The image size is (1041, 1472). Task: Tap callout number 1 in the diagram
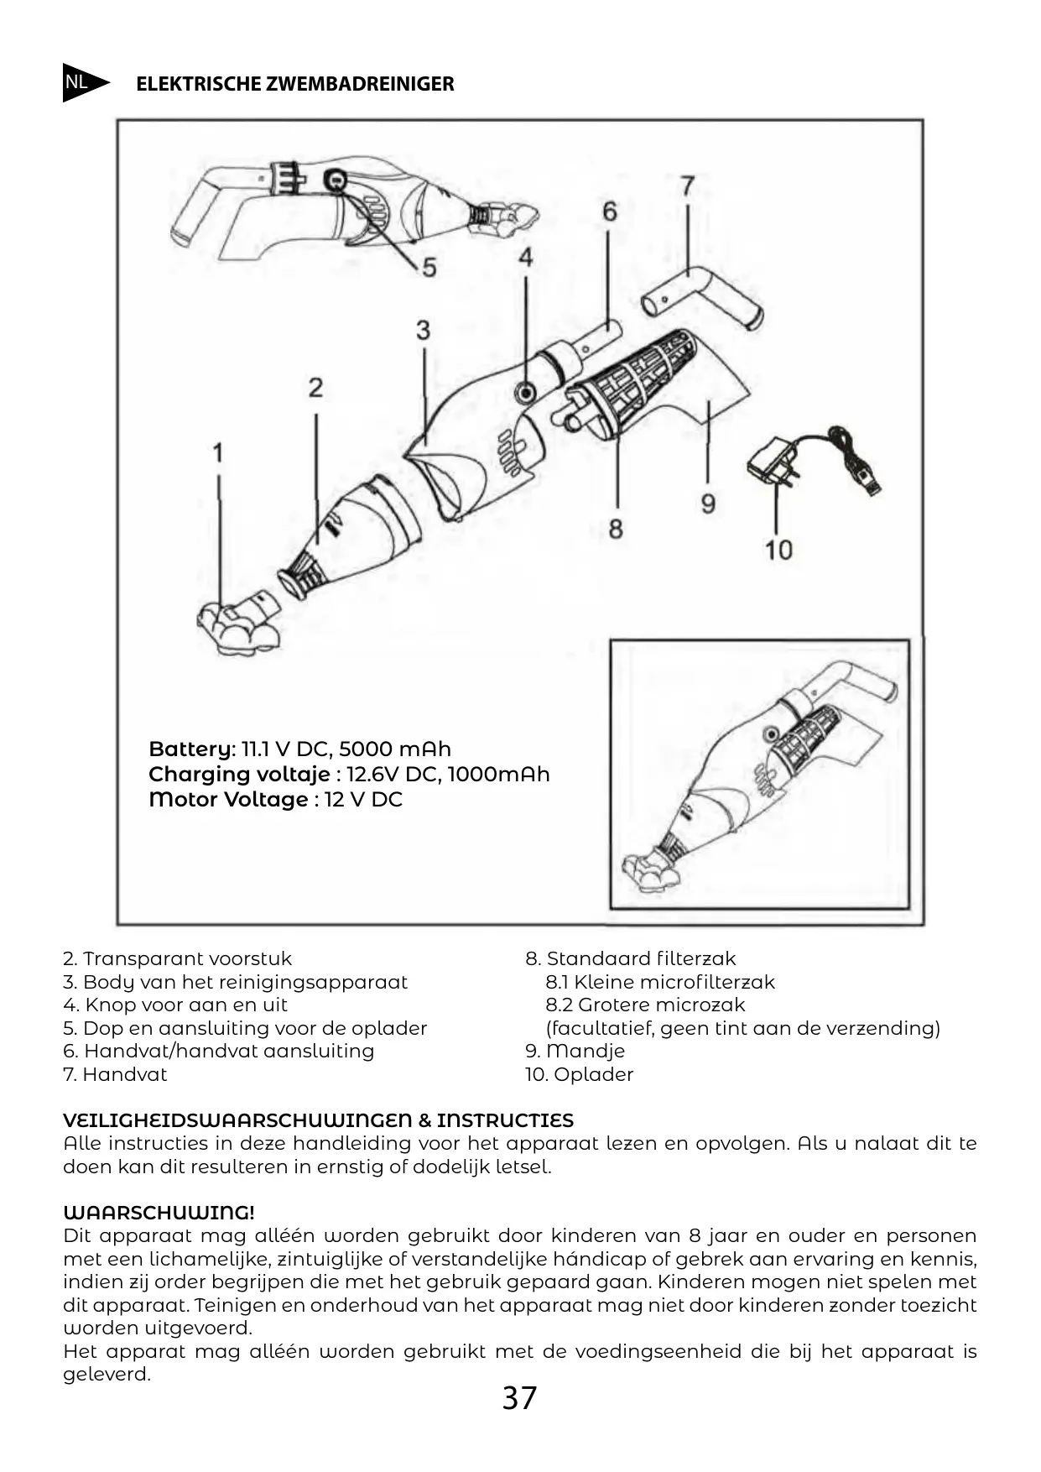click(217, 453)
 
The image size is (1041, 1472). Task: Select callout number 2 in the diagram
click(315, 388)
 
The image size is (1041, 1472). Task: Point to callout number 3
click(423, 330)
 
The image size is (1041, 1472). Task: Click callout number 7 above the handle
click(687, 185)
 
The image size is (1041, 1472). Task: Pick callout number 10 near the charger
click(778, 550)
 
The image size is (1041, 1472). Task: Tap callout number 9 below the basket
click(708, 504)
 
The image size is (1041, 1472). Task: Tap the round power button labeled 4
click(526, 391)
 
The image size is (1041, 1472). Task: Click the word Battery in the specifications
click(191, 749)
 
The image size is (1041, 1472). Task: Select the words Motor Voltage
click(228, 799)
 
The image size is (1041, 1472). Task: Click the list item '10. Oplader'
click(579, 1074)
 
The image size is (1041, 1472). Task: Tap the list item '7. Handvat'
click(115, 1074)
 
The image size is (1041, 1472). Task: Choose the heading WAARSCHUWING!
click(159, 1213)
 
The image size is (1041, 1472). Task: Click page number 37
click(519, 1398)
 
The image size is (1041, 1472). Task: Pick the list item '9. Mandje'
click(575, 1051)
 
